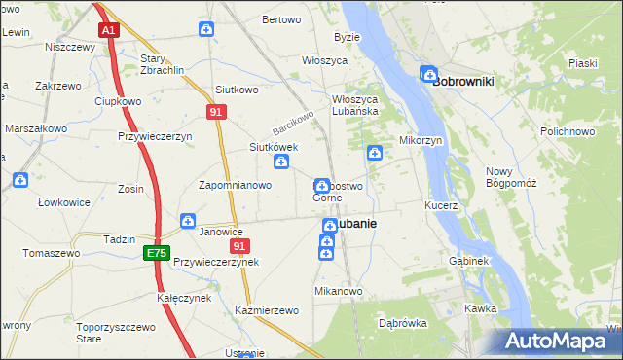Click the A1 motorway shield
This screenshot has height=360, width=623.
109,31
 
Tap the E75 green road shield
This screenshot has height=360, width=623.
156,253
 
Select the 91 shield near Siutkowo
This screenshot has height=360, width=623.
217,113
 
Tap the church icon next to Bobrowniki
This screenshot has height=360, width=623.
428,74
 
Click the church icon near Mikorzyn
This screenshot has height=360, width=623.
375,152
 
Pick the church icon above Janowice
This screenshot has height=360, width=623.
187,222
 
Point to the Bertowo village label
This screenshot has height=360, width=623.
281,20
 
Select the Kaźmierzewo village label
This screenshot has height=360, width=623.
266,309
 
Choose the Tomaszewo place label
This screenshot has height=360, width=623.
52,253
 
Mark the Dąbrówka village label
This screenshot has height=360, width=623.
403,323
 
